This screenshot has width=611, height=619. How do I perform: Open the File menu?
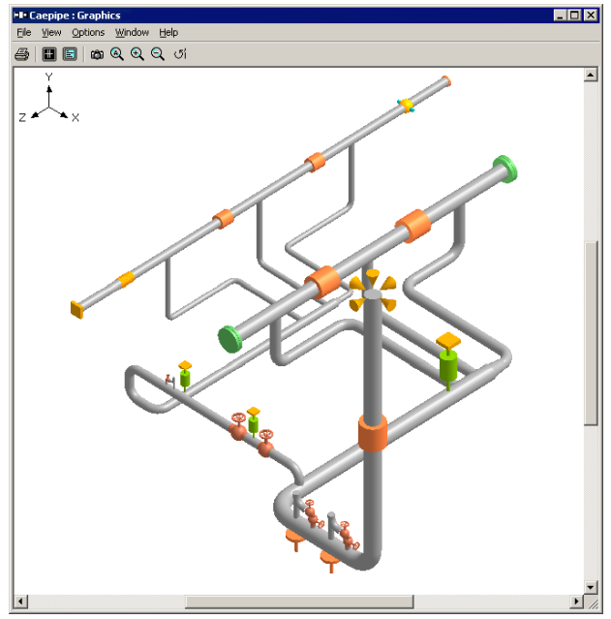click(x=24, y=33)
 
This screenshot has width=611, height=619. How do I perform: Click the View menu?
click(x=51, y=33)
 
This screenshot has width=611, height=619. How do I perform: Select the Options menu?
click(x=88, y=33)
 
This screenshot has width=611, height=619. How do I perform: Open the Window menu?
click(x=132, y=33)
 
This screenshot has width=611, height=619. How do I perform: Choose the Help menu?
click(x=168, y=33)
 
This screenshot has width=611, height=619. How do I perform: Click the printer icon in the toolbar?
click(x=21, y=54)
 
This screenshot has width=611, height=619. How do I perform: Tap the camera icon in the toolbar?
click(x=97, y=54)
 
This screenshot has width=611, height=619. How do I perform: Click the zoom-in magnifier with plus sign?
click(x=137, y=54)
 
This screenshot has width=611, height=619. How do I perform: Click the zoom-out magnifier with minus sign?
click(x=157, y=54)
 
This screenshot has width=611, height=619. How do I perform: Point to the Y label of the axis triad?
click(x=48, y=77)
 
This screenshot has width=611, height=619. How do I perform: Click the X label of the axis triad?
click(x=75, y=117)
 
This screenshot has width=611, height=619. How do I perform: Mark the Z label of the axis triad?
click(x=22, y=117)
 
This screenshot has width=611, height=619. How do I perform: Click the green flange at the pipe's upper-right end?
click(x=504, y=167)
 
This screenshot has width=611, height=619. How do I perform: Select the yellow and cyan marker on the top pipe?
click(x=407, y=106)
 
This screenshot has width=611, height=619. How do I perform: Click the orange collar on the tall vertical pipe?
click(x=373, y=432)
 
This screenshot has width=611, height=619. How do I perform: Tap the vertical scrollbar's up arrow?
click(x=592, y=74)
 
